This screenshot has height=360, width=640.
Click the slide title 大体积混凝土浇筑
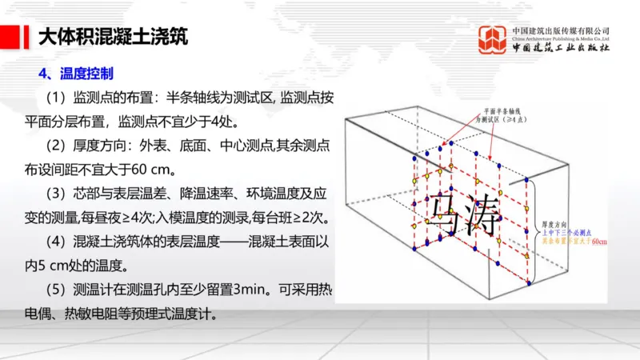click(x=113, y=38)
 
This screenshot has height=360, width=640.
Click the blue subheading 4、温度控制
click(x=78, y=74)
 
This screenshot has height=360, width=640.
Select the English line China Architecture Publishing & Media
click(x=560, y=38)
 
